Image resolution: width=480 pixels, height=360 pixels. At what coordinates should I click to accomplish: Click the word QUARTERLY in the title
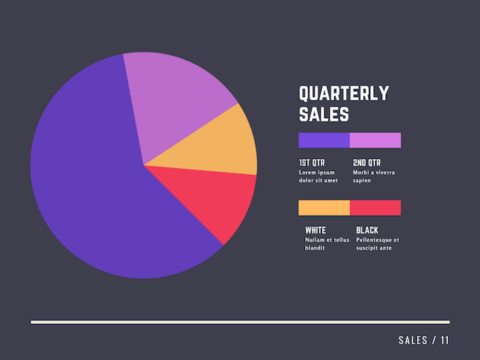(344, 93)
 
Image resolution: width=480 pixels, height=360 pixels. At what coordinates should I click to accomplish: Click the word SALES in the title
(324, 115)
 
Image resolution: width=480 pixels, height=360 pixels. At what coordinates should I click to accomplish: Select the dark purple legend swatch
(324, 140)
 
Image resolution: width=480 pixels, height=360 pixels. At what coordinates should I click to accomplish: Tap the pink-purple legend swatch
(375, 140)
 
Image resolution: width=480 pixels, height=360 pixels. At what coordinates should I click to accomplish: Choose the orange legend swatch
(324, 208)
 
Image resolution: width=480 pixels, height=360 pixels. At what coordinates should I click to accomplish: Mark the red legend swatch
(375, 208)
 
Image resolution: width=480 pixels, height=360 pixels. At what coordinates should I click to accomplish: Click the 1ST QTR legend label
(312, 163)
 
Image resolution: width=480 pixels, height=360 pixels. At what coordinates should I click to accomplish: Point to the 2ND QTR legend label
(367, 163)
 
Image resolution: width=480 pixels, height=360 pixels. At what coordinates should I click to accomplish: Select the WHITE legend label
(316, 231)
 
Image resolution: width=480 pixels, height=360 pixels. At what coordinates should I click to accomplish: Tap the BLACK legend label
(367, 231)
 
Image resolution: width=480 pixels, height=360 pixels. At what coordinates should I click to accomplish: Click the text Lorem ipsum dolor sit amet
(318, 176)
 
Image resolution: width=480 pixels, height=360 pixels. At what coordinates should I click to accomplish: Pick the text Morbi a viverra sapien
(374, 176)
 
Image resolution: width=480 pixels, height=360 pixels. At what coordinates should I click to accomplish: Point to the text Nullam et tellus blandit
(327, 244)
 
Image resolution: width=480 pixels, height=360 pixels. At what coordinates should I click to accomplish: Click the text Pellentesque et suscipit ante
(377, 244)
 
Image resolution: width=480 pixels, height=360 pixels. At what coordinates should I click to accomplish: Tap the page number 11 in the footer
(445, 340)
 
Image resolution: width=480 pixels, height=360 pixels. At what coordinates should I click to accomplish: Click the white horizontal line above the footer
(240, 322)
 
